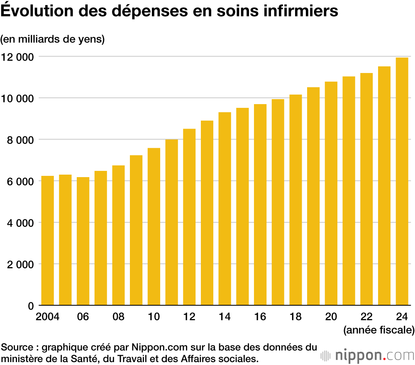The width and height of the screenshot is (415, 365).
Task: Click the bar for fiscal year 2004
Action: [47, 241]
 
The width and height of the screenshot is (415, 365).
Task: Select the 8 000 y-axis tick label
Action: [20, 140]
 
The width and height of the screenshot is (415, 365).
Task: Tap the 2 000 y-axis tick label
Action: [20, 264]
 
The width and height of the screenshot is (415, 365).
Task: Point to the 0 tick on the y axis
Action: [30, 306]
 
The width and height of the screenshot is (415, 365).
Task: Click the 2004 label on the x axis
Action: [47, 316]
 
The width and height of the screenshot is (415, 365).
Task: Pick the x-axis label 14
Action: [225, 316]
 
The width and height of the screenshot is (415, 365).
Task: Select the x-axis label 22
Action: [366, 316]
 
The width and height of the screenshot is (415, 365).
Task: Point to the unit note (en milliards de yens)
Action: [52, 39]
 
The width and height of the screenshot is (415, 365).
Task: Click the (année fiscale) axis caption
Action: [378, 330]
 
